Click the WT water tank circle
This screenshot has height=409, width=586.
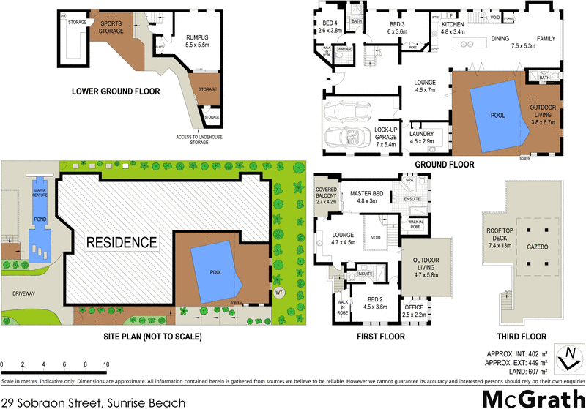(278, 293)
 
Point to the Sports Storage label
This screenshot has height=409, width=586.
(112, 27)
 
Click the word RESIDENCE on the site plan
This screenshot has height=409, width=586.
(121, 241)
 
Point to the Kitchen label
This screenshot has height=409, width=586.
(453, 28)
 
